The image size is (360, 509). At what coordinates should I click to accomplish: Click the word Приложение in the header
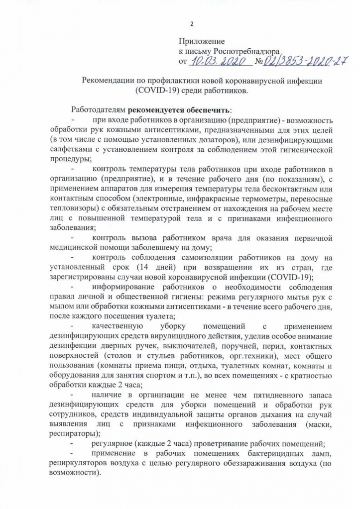point(202,42)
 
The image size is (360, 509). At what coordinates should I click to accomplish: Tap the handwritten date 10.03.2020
point(217,62)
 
